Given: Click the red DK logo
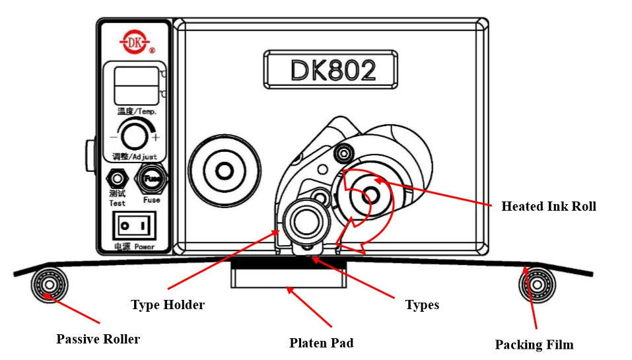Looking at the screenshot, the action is (x=135, y=42).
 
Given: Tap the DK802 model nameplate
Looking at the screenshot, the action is (x=331, y=69).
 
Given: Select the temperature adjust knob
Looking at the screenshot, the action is (x=134, y=136).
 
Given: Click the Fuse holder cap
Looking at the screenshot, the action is (x=151, y=178).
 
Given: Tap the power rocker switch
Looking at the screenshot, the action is (x=134, y=226).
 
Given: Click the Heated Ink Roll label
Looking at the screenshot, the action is (x=549, y=206).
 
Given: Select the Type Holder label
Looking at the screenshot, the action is (x=168, y=305).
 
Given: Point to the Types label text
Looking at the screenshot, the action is (x=422, y=305).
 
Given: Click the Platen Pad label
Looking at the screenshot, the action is (x=322, y=343).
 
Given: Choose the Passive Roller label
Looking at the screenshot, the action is (x=98, y=339).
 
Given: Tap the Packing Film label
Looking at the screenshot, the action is (x=534, y=345).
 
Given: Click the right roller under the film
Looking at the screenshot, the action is (x=537, y=285).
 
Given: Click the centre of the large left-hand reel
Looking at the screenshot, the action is (x=225, y=171).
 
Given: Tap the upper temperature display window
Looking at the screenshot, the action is (x=137, y=77).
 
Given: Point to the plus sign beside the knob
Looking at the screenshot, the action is (x=156, y=137).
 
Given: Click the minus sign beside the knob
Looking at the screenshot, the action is (x=114, y=137).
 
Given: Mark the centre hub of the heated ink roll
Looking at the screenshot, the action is (x=370, y=196).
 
